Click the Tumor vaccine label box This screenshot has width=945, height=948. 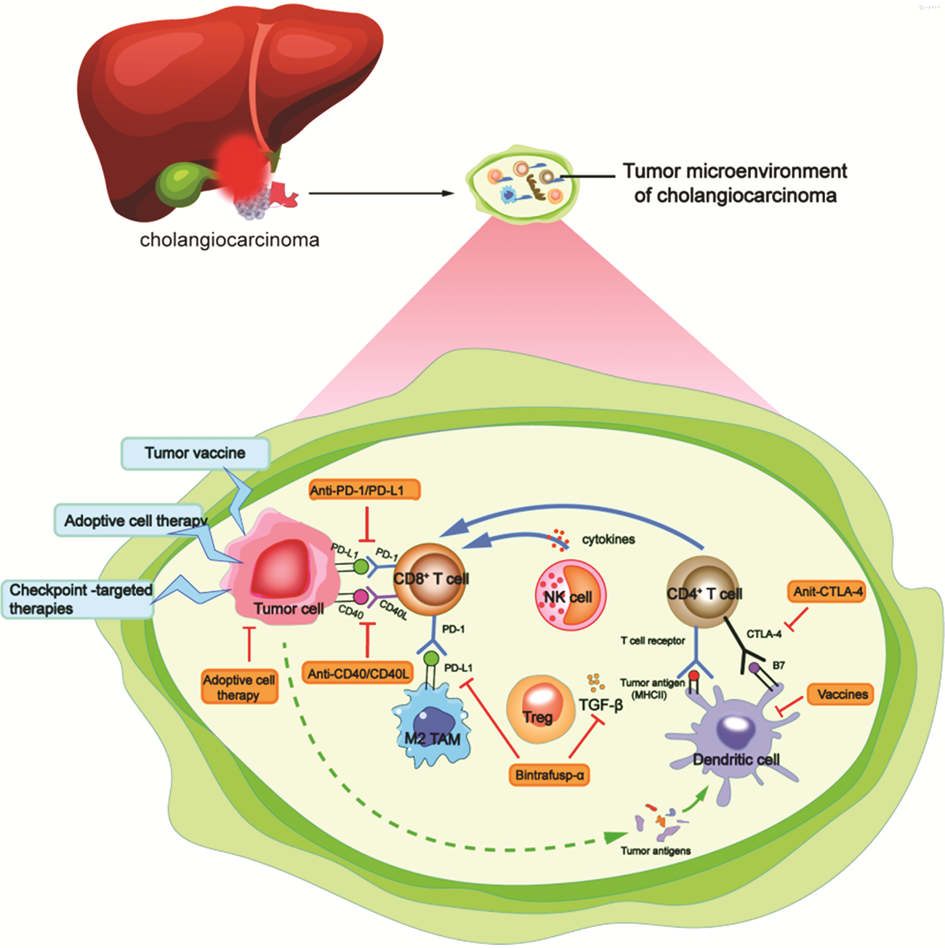(x=195, y=454)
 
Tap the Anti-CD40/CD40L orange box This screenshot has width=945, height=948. (x=358, y=674)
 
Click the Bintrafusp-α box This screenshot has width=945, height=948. (x=550, y=775)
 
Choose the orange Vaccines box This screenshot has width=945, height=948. (x=842, y=694)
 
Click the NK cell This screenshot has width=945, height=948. (x=570, y=595)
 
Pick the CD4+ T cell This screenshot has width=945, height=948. (x=704, y=592)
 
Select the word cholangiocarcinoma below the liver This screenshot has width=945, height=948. (x=229, y=240)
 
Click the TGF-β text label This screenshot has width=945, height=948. (x=600, y=704)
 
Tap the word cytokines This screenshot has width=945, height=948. (x=608, y=539)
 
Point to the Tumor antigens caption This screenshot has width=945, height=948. (x=656, y=851)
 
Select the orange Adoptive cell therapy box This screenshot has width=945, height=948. (x=238, y=687)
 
